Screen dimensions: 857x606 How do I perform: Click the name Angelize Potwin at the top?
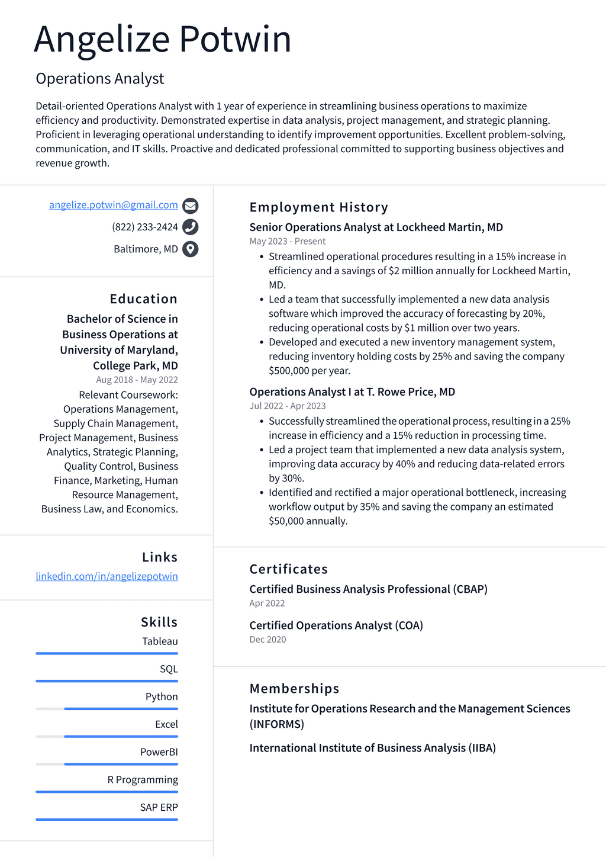[x=162, y=40]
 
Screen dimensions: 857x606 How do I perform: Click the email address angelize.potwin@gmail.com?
[x=113, y=205]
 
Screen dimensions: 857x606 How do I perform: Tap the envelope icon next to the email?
[x=190, y=206]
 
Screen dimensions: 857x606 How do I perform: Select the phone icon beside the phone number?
[x=190, y=227]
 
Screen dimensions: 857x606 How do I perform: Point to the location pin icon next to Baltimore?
[x=190, y=249]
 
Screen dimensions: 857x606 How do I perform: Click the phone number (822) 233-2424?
[x=144, y=227]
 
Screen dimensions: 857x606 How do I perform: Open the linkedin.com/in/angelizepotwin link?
[x=107, y=576]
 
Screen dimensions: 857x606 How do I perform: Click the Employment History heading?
[x=318, y=207]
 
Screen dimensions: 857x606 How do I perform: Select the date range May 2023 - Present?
[x=287, y=241]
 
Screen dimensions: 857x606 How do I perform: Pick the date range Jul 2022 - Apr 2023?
[x=287, y=406]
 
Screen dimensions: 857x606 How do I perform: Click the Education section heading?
[x=143, y=299]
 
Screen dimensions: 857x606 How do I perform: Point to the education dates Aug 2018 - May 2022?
[x=137, y=380]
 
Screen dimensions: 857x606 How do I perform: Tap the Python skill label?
[x=162, y=696]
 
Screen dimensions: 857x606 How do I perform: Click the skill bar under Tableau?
[x=107, y=653]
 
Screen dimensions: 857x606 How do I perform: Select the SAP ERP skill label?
[x=159, y=807]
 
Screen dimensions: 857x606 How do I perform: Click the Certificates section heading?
[x=288, y=569]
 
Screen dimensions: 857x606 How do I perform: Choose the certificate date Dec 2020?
[x=267, y=640]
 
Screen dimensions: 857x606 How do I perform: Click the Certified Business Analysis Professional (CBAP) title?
[x=368, y=589]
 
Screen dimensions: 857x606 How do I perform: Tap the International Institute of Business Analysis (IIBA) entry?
[x=372, y=748]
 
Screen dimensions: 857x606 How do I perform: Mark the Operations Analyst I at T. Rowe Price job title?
[x=352, y=392]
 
